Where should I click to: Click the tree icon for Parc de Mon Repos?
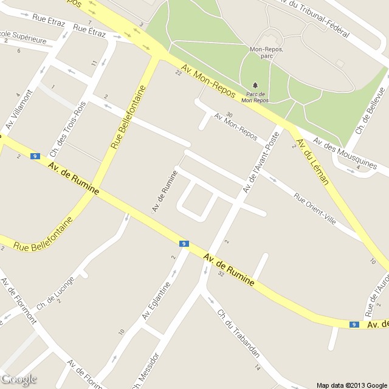254,84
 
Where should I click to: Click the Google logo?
19,380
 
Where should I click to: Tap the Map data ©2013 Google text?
351,385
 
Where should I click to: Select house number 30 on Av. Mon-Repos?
229,115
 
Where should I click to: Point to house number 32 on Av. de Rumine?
221,274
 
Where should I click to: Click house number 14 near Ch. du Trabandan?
258,368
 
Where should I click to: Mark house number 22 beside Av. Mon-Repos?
178,74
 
